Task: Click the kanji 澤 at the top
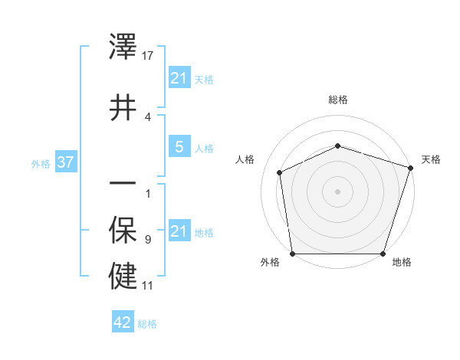click(x=123, y=47)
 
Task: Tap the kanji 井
click(x=123, y=106)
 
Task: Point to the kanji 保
click(x=123, y=231)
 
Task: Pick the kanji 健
click(x=123, y=276)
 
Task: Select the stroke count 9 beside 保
click(x=147, y=240)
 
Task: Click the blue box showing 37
click(x=65, y=162)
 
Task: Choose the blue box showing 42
click(x=123, y=322)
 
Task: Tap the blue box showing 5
click(x=179, y=147)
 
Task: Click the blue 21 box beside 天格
click(x=179, y=78)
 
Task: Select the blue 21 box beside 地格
click(x=179, y=231)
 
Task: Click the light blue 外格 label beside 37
click(x=41, y=163)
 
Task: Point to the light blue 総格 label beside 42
click(x=147, y=324)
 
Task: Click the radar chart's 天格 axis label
click(x=432, y=159)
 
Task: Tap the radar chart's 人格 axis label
click(x=245, y=159)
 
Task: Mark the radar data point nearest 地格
click(x=383, y=254)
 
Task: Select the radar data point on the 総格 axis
click(x=337, y=146)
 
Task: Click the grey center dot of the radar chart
click(x=337, y=191)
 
